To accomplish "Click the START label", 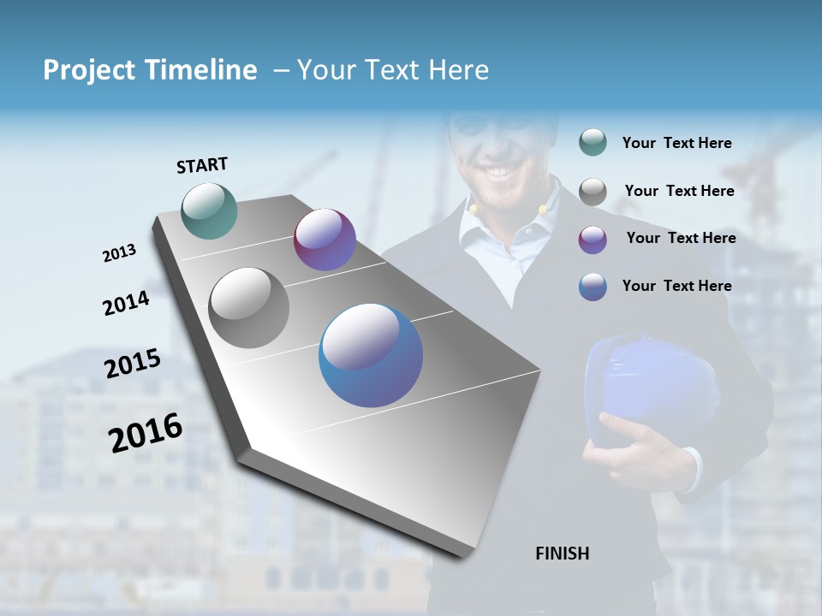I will point(202,164).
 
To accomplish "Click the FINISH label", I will point(562,554).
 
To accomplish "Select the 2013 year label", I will point(119,253).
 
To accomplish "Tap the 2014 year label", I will point(126,303).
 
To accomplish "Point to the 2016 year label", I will point(146,433).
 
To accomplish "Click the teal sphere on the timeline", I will point(210,210).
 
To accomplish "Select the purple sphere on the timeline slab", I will point(325,240).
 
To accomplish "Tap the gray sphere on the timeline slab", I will point(249,308).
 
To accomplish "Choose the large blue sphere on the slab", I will point(371,355).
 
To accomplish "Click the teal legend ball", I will point(593,142).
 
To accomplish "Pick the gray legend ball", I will point(593,192).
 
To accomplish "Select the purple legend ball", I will point(593,240).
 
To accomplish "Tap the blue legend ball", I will point(593,287).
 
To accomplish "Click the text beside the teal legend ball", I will point(676,144).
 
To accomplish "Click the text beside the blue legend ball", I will point(676,286).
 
